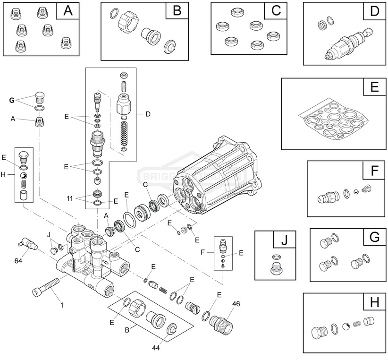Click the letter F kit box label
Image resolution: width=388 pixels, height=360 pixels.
pyautogui.click(x=374, y=171)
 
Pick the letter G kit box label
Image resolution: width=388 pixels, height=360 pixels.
pyautogui.click(x=374, y=237)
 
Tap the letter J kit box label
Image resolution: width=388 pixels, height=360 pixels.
pyautogui.click(x=284, y=240)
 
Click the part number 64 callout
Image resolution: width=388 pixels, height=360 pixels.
pyautogui.click(x=19, y=260)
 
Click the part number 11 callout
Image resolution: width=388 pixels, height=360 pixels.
pyautogui.click(x=69, y=198)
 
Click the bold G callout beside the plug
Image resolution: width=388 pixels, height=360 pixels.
pyautogui.click(x=12, y=100)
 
